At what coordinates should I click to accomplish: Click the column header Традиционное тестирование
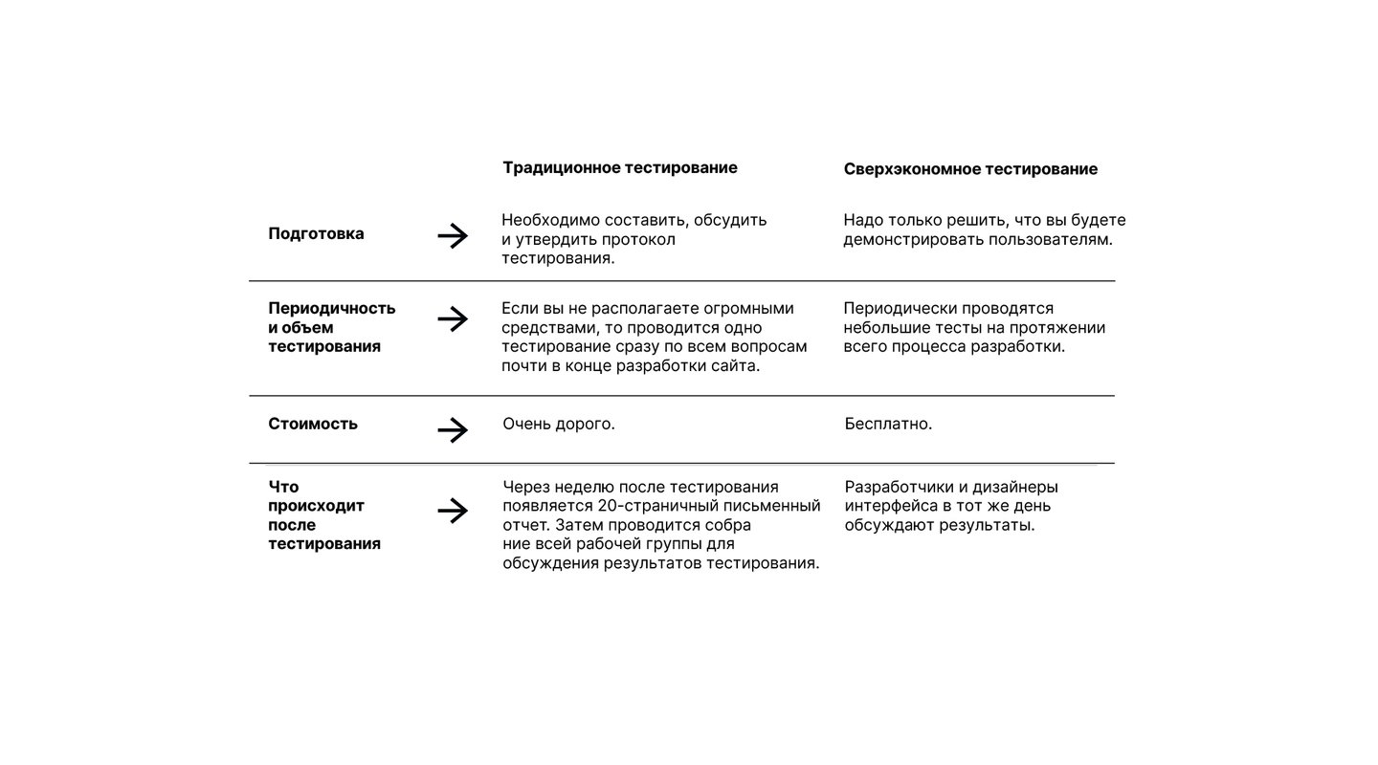click(620, 168)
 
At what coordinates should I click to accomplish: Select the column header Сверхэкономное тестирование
click(970, 169)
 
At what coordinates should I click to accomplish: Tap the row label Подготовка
click(316, 234)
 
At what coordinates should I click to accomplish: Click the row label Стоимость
click(313, 424)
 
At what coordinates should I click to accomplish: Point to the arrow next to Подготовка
click(453, 235)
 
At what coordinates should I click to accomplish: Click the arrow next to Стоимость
click(453, 430)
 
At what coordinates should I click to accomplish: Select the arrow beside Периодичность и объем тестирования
click(453, 319)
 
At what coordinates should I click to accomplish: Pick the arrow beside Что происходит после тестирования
click(453, 512)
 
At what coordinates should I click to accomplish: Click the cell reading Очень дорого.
click(559, 424)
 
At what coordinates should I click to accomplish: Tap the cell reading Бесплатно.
click(888, 424)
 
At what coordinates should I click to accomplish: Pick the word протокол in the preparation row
click(641, 239)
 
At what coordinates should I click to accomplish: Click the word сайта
click(734, 365)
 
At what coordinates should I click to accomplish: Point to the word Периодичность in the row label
click(331, 309)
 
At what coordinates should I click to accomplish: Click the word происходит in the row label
click(316, 506)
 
